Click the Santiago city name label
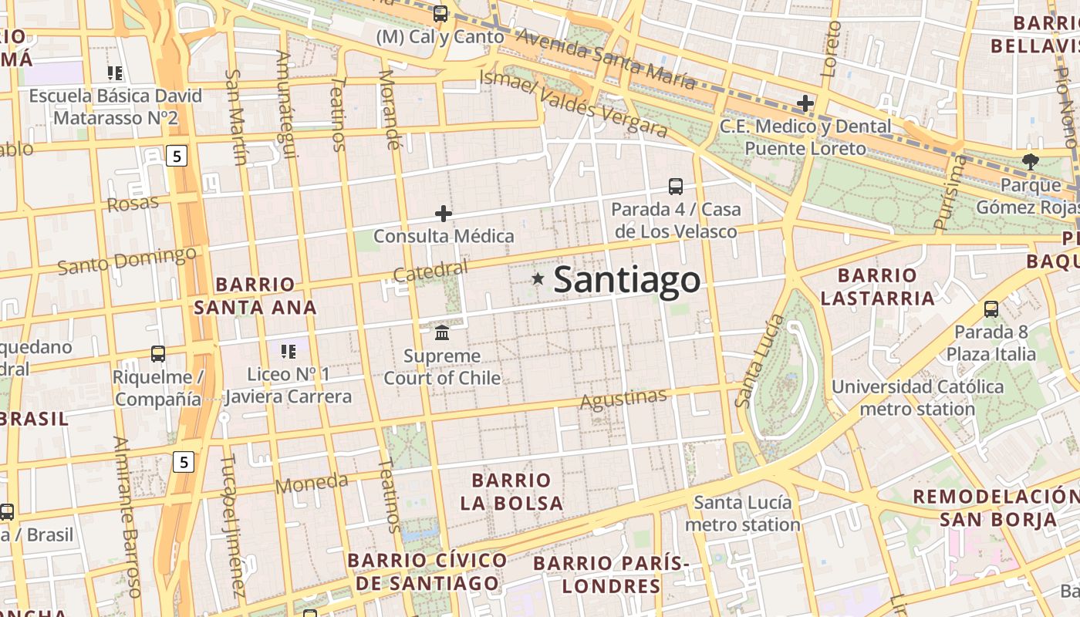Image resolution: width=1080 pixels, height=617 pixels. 626,279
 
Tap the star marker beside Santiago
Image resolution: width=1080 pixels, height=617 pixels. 538,278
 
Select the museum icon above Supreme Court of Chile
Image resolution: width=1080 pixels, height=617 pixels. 443,332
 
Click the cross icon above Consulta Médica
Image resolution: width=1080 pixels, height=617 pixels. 444,214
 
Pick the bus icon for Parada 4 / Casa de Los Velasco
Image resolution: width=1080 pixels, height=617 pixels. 676,186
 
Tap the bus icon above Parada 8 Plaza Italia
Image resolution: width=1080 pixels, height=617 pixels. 991,309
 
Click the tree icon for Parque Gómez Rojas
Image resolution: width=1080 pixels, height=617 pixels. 1030,161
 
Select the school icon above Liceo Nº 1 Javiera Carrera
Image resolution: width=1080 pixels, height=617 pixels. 289,352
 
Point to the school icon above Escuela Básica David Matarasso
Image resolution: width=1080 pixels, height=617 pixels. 116,73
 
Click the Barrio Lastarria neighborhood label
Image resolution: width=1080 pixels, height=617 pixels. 877,287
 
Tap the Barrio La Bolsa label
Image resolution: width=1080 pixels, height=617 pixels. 511,492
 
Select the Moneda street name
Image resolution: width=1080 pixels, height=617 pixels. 312,484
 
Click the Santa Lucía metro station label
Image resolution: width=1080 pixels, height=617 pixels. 743,514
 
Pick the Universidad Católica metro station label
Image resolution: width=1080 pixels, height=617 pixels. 917,397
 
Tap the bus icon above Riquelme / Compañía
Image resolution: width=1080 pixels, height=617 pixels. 158,354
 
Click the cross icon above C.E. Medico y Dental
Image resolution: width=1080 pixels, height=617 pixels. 805,103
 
